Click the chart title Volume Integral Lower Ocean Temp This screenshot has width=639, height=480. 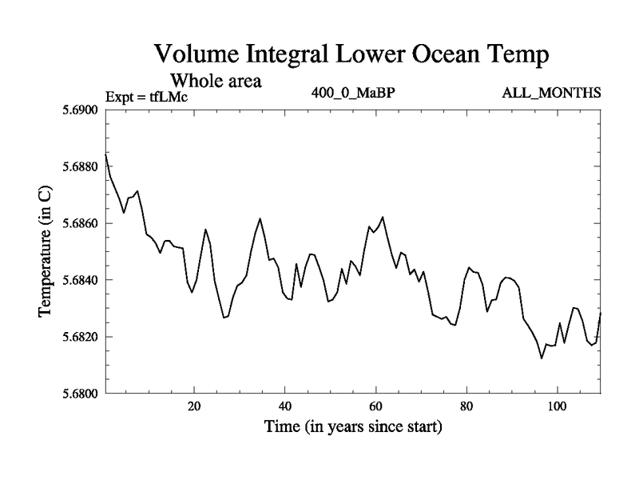pyautogui.click(x=352, y=55)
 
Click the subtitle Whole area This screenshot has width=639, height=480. pyautogui.click(x=216, y=81)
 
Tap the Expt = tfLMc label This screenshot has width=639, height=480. pyautogui.click(x=146, y=97)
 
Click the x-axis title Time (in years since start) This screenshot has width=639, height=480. pyautogui.click(x=352, y=427)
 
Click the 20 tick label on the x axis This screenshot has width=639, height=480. pyautogui.click(x=194, y=406)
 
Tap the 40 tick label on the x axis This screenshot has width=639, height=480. pyautogui.click(x=284, y=406)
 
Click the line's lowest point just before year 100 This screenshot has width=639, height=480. pyautogui.click(x=542, y=358)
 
